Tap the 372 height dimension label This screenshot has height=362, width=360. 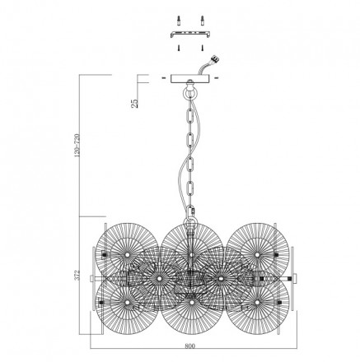coord(77,275)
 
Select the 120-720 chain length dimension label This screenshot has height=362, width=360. coord(77,146)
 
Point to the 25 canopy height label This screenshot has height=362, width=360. coord(135,103)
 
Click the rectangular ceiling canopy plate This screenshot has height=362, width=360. coord(191,78)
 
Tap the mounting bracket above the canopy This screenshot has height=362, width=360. coord(190,35)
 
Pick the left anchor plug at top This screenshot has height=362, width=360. coord(179,21)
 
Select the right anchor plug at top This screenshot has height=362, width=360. coord(203,21)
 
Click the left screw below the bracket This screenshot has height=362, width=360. coord(179,48)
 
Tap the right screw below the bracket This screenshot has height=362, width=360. coord(203,48)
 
